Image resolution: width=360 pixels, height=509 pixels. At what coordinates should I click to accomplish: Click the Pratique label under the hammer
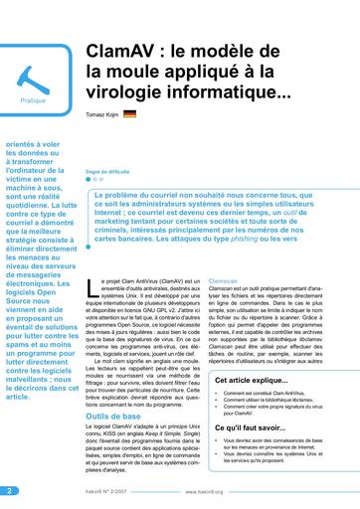(33, 101)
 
